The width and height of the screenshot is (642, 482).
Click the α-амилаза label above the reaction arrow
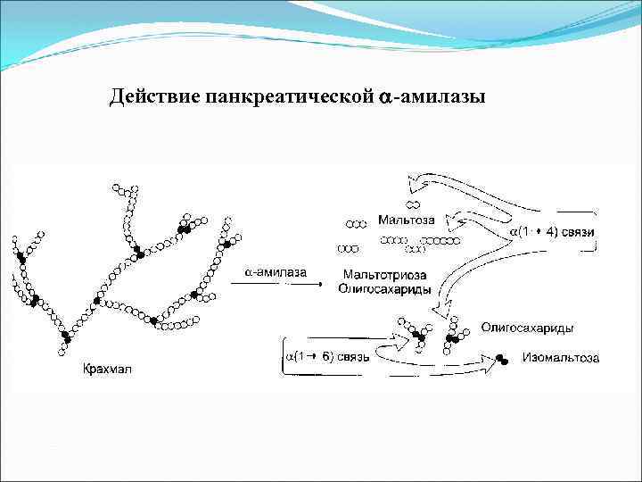tap(272, 271)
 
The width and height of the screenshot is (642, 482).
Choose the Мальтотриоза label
tap(382, 276)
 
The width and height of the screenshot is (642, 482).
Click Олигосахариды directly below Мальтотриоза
tap(385, 289)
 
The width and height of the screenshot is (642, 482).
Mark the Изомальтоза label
tap(561, 359)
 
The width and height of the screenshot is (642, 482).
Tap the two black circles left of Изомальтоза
tap(504, 360)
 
